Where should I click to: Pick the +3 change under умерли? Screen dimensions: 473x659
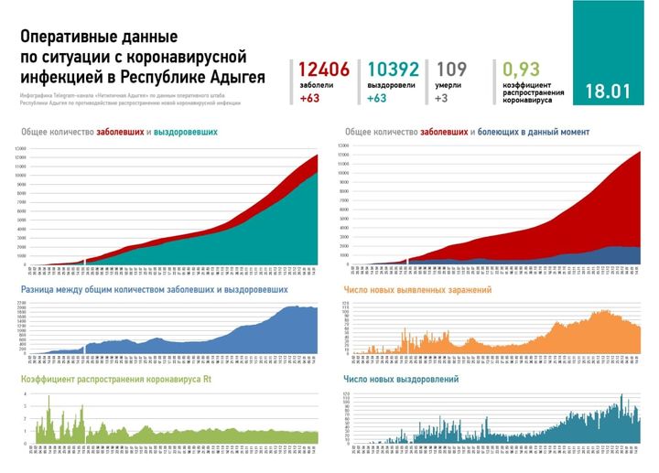(x=442, y=98)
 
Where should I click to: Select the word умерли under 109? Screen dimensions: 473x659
(x=448, y=84)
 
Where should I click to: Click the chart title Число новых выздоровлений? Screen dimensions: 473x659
(x=401, y=378)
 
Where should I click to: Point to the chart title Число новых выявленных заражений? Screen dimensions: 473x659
(x=416, y=290)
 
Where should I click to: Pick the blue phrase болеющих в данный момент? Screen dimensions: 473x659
(x=534, y=133)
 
